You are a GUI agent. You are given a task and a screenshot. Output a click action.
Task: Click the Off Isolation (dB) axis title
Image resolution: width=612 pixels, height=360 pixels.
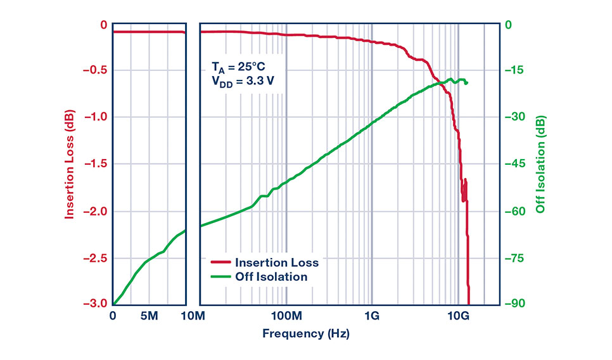[540, 165]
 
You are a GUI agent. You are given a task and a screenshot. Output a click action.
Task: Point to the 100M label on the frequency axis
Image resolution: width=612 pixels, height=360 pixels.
[286, 316]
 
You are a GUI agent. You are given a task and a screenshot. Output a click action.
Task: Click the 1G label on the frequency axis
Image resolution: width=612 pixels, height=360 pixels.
[372, 316]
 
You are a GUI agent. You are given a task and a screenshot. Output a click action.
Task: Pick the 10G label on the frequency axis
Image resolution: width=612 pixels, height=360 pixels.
[458, 316]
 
